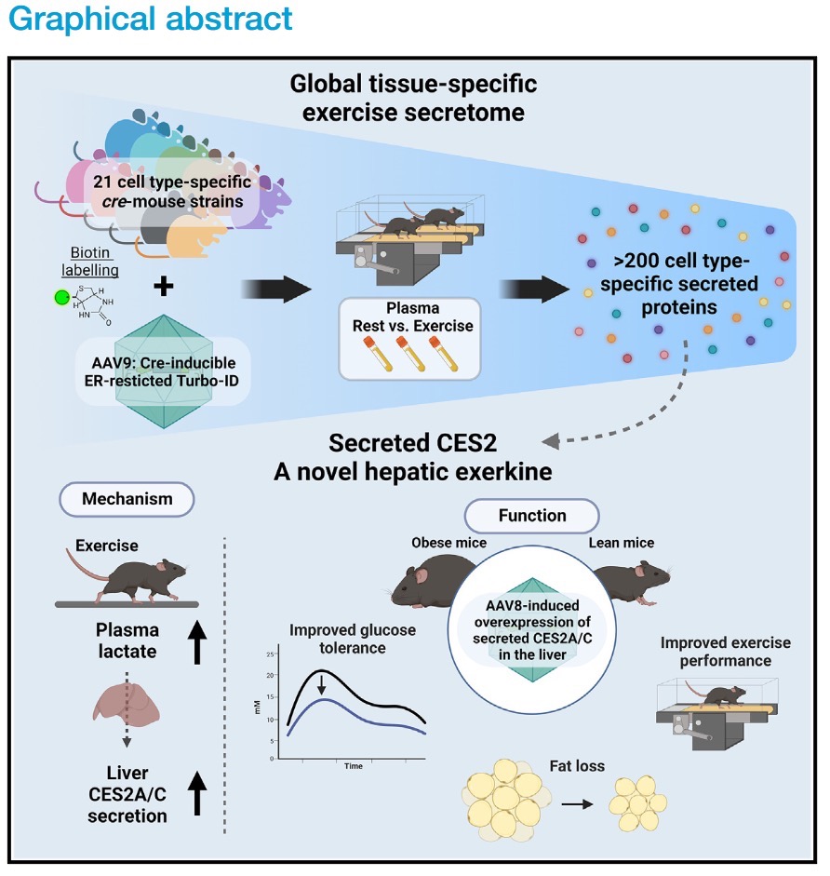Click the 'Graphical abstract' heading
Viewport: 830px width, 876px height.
click(x=148, y=19)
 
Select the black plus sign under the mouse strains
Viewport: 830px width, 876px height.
click(x=164, y=286)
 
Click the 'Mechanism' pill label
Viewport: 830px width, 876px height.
click(x=127, y=499)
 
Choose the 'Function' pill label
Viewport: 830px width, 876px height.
click(x=532, y=515)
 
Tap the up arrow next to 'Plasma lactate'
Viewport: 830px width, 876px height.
click(x=197, y=641)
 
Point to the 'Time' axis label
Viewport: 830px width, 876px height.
click(x=353, y=766)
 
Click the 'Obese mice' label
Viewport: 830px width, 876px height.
click(x=448, y=543)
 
